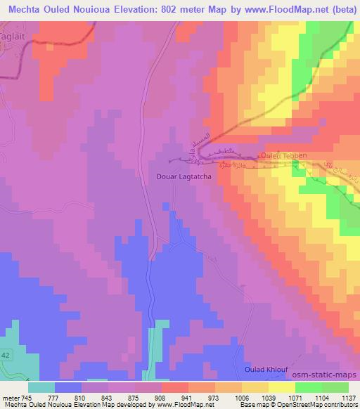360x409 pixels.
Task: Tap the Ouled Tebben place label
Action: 281,155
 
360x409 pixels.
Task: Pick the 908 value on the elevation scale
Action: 160,397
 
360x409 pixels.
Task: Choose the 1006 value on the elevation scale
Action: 240,397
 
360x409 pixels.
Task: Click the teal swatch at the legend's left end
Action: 41,387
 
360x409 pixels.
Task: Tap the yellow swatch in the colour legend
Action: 282,387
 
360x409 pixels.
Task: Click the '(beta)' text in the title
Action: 337,10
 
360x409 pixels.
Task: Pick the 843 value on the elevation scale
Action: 105,397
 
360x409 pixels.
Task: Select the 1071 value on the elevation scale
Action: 294,397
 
